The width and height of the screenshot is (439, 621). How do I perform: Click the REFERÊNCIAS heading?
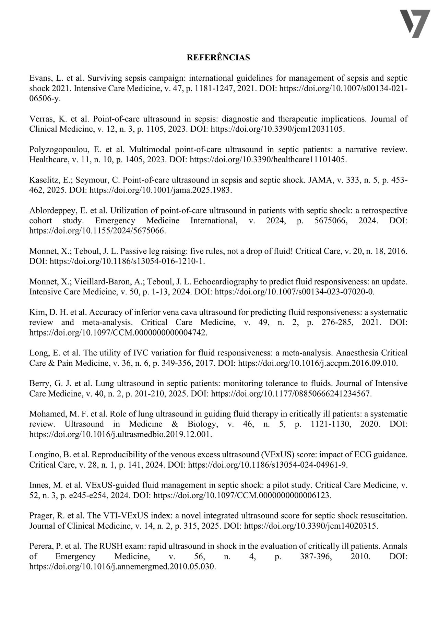tap(218, 58)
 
